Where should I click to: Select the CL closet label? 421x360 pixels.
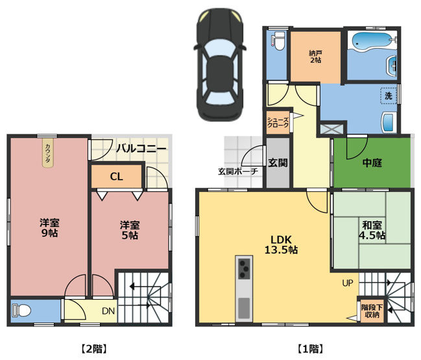116,176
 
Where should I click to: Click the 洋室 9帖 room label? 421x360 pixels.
47,228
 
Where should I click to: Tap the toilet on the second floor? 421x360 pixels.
21,310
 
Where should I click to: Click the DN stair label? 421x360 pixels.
108,310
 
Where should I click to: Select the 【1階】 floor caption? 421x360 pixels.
310,348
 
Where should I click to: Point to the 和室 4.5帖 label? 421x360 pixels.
372,230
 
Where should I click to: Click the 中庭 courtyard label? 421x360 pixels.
372,163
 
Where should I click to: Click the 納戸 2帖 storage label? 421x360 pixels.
315,56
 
